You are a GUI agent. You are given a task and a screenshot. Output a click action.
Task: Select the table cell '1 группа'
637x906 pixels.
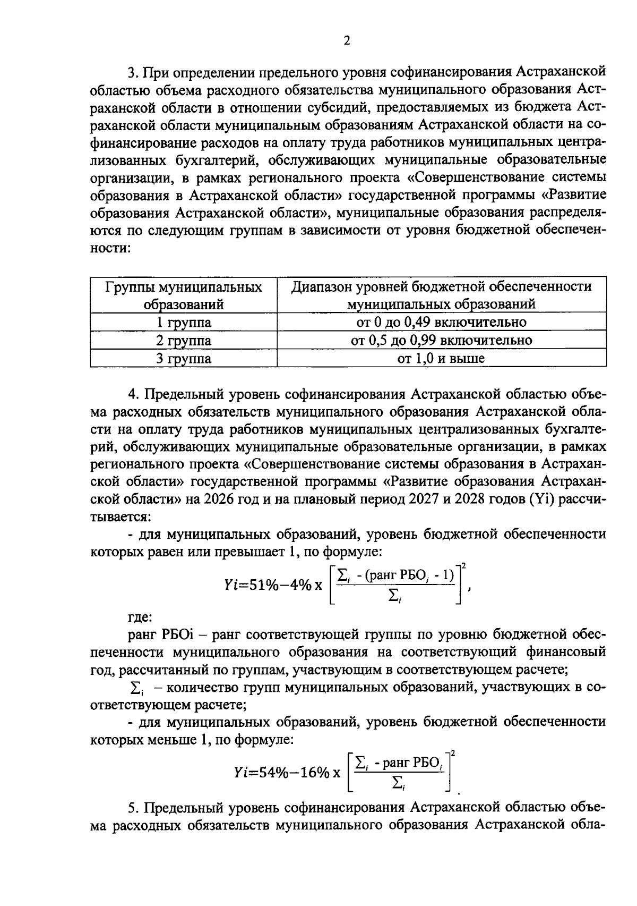[x=183, y=323]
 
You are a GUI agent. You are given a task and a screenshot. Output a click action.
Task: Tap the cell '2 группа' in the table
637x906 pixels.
[x=183, y=341]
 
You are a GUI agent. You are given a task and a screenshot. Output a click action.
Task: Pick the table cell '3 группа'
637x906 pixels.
[x=183, y=359]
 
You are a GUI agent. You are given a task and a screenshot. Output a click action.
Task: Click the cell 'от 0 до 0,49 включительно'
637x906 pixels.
[x=441, y=323]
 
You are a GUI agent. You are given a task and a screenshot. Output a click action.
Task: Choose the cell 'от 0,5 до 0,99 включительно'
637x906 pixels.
[x=441, y=341]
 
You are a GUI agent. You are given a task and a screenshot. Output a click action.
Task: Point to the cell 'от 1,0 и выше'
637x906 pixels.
[x=441, y=359]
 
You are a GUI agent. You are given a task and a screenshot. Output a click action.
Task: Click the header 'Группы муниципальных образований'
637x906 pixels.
[x=183, y=295]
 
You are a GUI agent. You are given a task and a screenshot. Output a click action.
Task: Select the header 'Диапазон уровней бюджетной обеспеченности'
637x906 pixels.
[x=441, y=287]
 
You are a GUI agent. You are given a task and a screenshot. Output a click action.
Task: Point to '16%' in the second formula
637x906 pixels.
[x=315, y=772]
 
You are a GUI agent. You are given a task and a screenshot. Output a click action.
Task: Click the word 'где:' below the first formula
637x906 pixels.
[x=140, y=617]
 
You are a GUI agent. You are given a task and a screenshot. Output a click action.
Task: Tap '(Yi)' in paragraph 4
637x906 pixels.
[x=541, y=499]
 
